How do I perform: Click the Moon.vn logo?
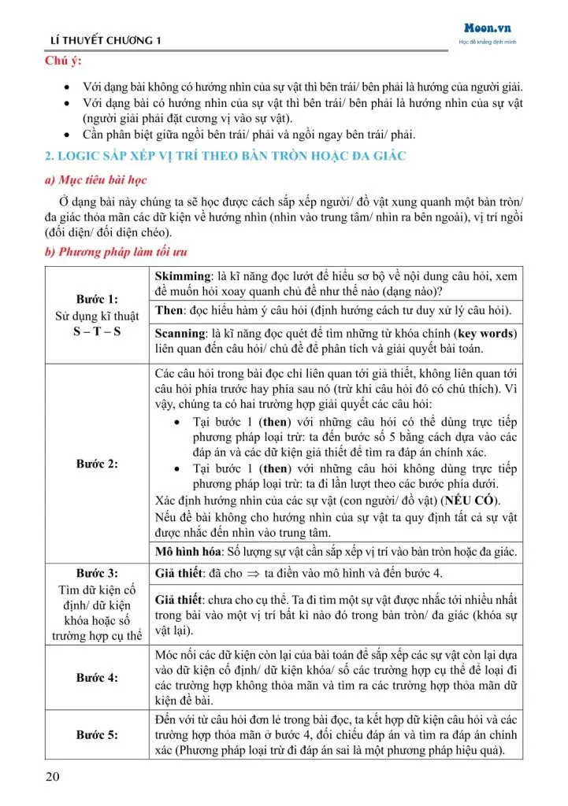pyautogui.click(x=488, y=28)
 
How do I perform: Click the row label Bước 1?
pyautogui.click(x=97, y=299)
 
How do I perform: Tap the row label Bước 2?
pyautogui.click(x=97, y=464)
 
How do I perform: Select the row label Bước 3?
pyautogui.click(x=97, y=572)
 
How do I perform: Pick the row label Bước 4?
pyautogui.click(x=97, y=677)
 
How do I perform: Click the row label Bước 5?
pyautogui.click(x=97, y=734)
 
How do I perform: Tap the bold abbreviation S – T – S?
pyautogui.click(x=97, y=332)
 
